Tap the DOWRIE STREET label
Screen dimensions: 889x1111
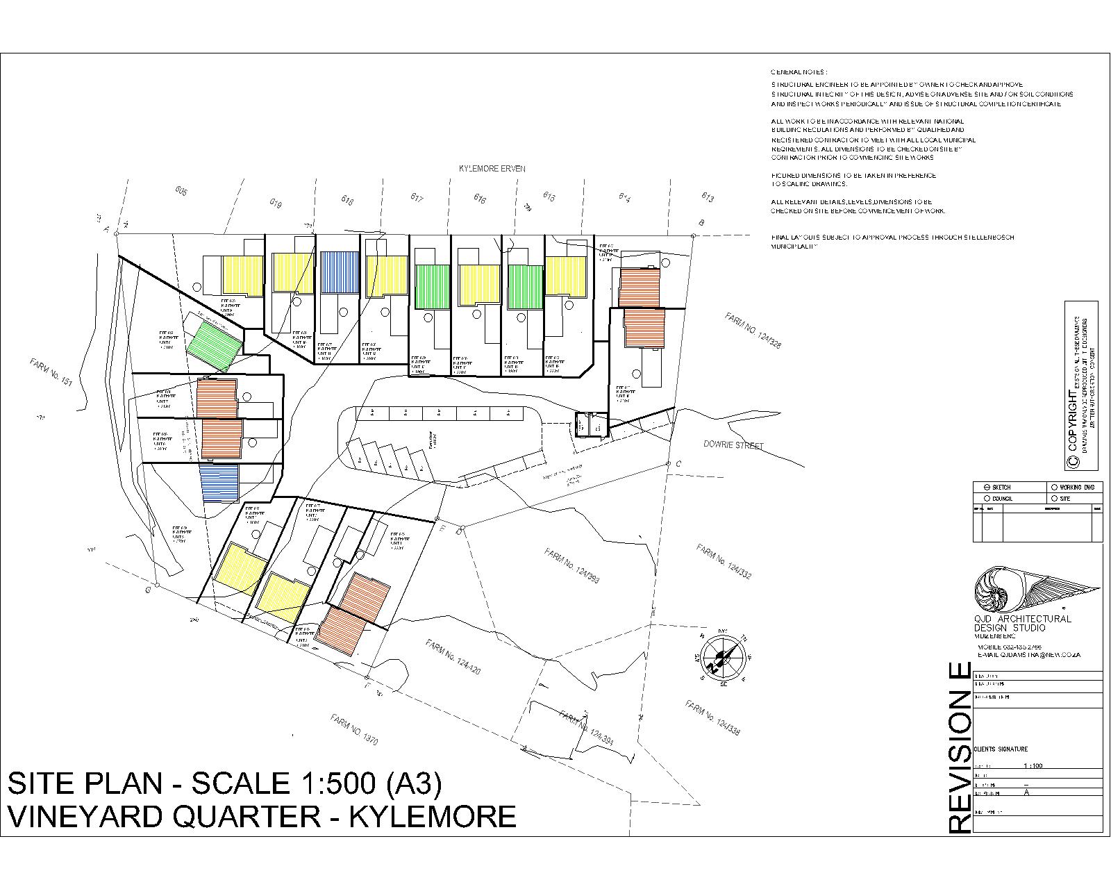pos(733,445)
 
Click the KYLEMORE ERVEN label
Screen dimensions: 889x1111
pos(492,169)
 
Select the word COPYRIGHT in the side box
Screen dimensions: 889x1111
pos(1074,419)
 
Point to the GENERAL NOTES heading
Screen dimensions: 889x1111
pos(799,72)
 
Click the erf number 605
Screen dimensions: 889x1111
pos(181,192)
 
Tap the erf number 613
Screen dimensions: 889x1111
pos(708,197)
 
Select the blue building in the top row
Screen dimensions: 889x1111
pos(340,272)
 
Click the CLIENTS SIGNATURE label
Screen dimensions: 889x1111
pos(1001,749)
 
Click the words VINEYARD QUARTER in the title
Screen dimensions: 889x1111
pos(164,816)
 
